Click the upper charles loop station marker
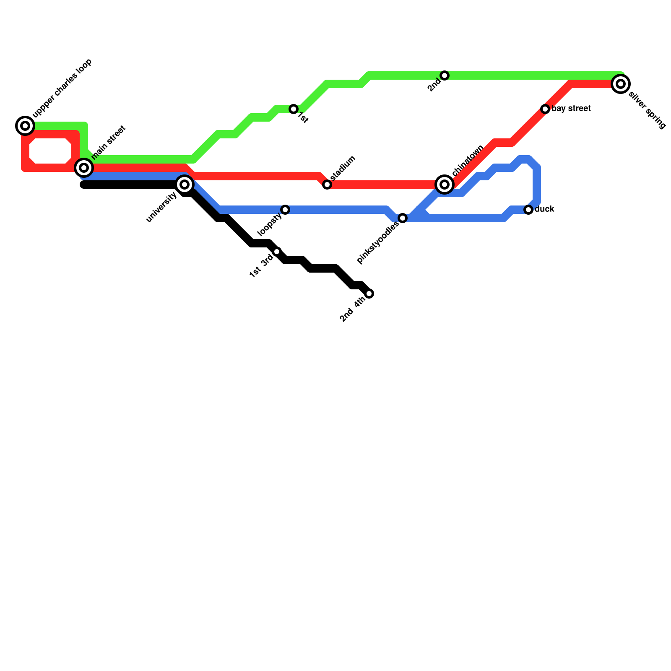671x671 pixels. tap(25, 125)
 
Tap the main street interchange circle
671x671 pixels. tap(84, 168)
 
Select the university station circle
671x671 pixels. tap(185, 185)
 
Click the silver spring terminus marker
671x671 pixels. tap(621, 84)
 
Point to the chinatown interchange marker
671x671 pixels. tap(445, 185)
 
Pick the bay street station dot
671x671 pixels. tap(545, 109)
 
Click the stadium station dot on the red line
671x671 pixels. tap(327, 185)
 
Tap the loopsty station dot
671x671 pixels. tap(285, 210)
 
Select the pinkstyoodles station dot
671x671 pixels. tap(403, 218)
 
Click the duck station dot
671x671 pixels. tap(528, 210)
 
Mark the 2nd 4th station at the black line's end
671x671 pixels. tap(369, 294)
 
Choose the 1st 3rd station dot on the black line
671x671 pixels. tap(277, 252)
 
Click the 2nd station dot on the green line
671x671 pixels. tap(445, 75)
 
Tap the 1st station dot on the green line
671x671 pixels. tap(294, 109)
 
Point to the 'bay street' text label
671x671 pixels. tap(571, 109)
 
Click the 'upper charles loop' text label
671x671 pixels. tap(62, 88)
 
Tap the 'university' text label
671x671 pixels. tap(162, 206)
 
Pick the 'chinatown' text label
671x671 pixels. tap(468, 161)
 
